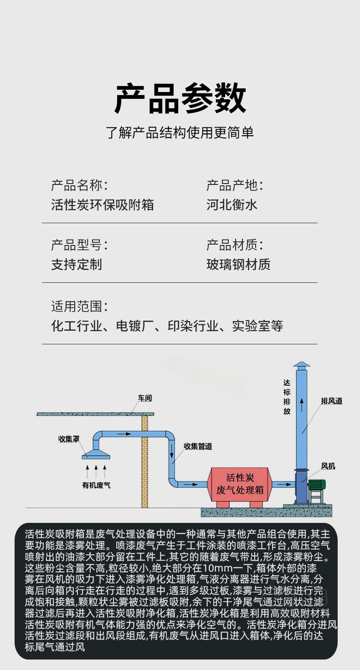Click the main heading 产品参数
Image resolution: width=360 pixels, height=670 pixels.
click(180, 99)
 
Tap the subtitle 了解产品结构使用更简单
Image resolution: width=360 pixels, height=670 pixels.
click(180, 133)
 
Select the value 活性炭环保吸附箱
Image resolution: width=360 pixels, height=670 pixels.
click(103, 205)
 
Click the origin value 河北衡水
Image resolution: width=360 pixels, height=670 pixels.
click(232, 205)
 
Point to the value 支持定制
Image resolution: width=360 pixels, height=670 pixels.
click(77, 264)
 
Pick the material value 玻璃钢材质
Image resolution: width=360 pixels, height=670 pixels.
click(238, 264)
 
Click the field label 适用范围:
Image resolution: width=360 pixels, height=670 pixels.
click(79, 306)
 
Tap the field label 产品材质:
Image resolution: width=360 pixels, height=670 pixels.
click(235, 245)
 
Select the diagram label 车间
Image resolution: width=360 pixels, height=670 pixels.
click(145, 399)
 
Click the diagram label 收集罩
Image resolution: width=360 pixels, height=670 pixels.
click(69, 439)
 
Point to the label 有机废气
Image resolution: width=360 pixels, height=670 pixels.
click(96, 485)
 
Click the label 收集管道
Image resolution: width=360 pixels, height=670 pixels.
click(198, 446)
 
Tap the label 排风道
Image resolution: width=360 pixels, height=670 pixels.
click(331, 401)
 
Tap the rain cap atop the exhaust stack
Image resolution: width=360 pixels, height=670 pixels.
click(301, 365)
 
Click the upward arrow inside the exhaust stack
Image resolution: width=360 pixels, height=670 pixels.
click(301, 403)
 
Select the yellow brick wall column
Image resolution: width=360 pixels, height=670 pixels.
click(145, 460)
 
